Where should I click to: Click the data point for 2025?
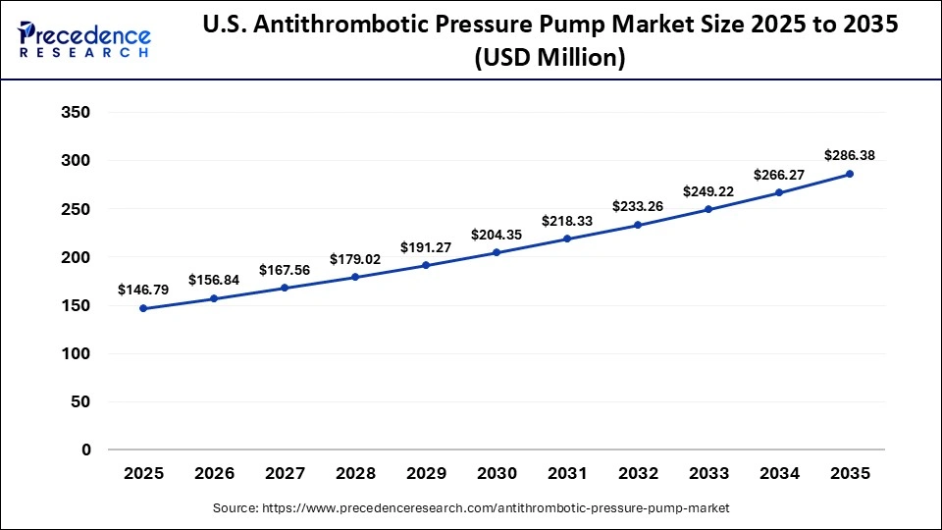143,308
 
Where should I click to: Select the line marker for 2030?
497,252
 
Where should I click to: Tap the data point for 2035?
850,174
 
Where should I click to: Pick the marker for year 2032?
638,225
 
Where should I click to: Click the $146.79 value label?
143,290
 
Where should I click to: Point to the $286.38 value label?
850,154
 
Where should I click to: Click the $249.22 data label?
708,190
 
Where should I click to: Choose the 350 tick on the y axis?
76,113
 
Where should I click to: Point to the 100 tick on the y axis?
76,353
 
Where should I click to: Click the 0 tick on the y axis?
85,450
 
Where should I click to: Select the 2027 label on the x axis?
285,473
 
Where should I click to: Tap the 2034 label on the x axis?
779,473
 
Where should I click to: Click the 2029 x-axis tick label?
426,473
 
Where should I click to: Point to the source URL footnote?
471,508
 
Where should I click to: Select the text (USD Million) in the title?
549,59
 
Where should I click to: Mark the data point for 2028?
355,277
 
